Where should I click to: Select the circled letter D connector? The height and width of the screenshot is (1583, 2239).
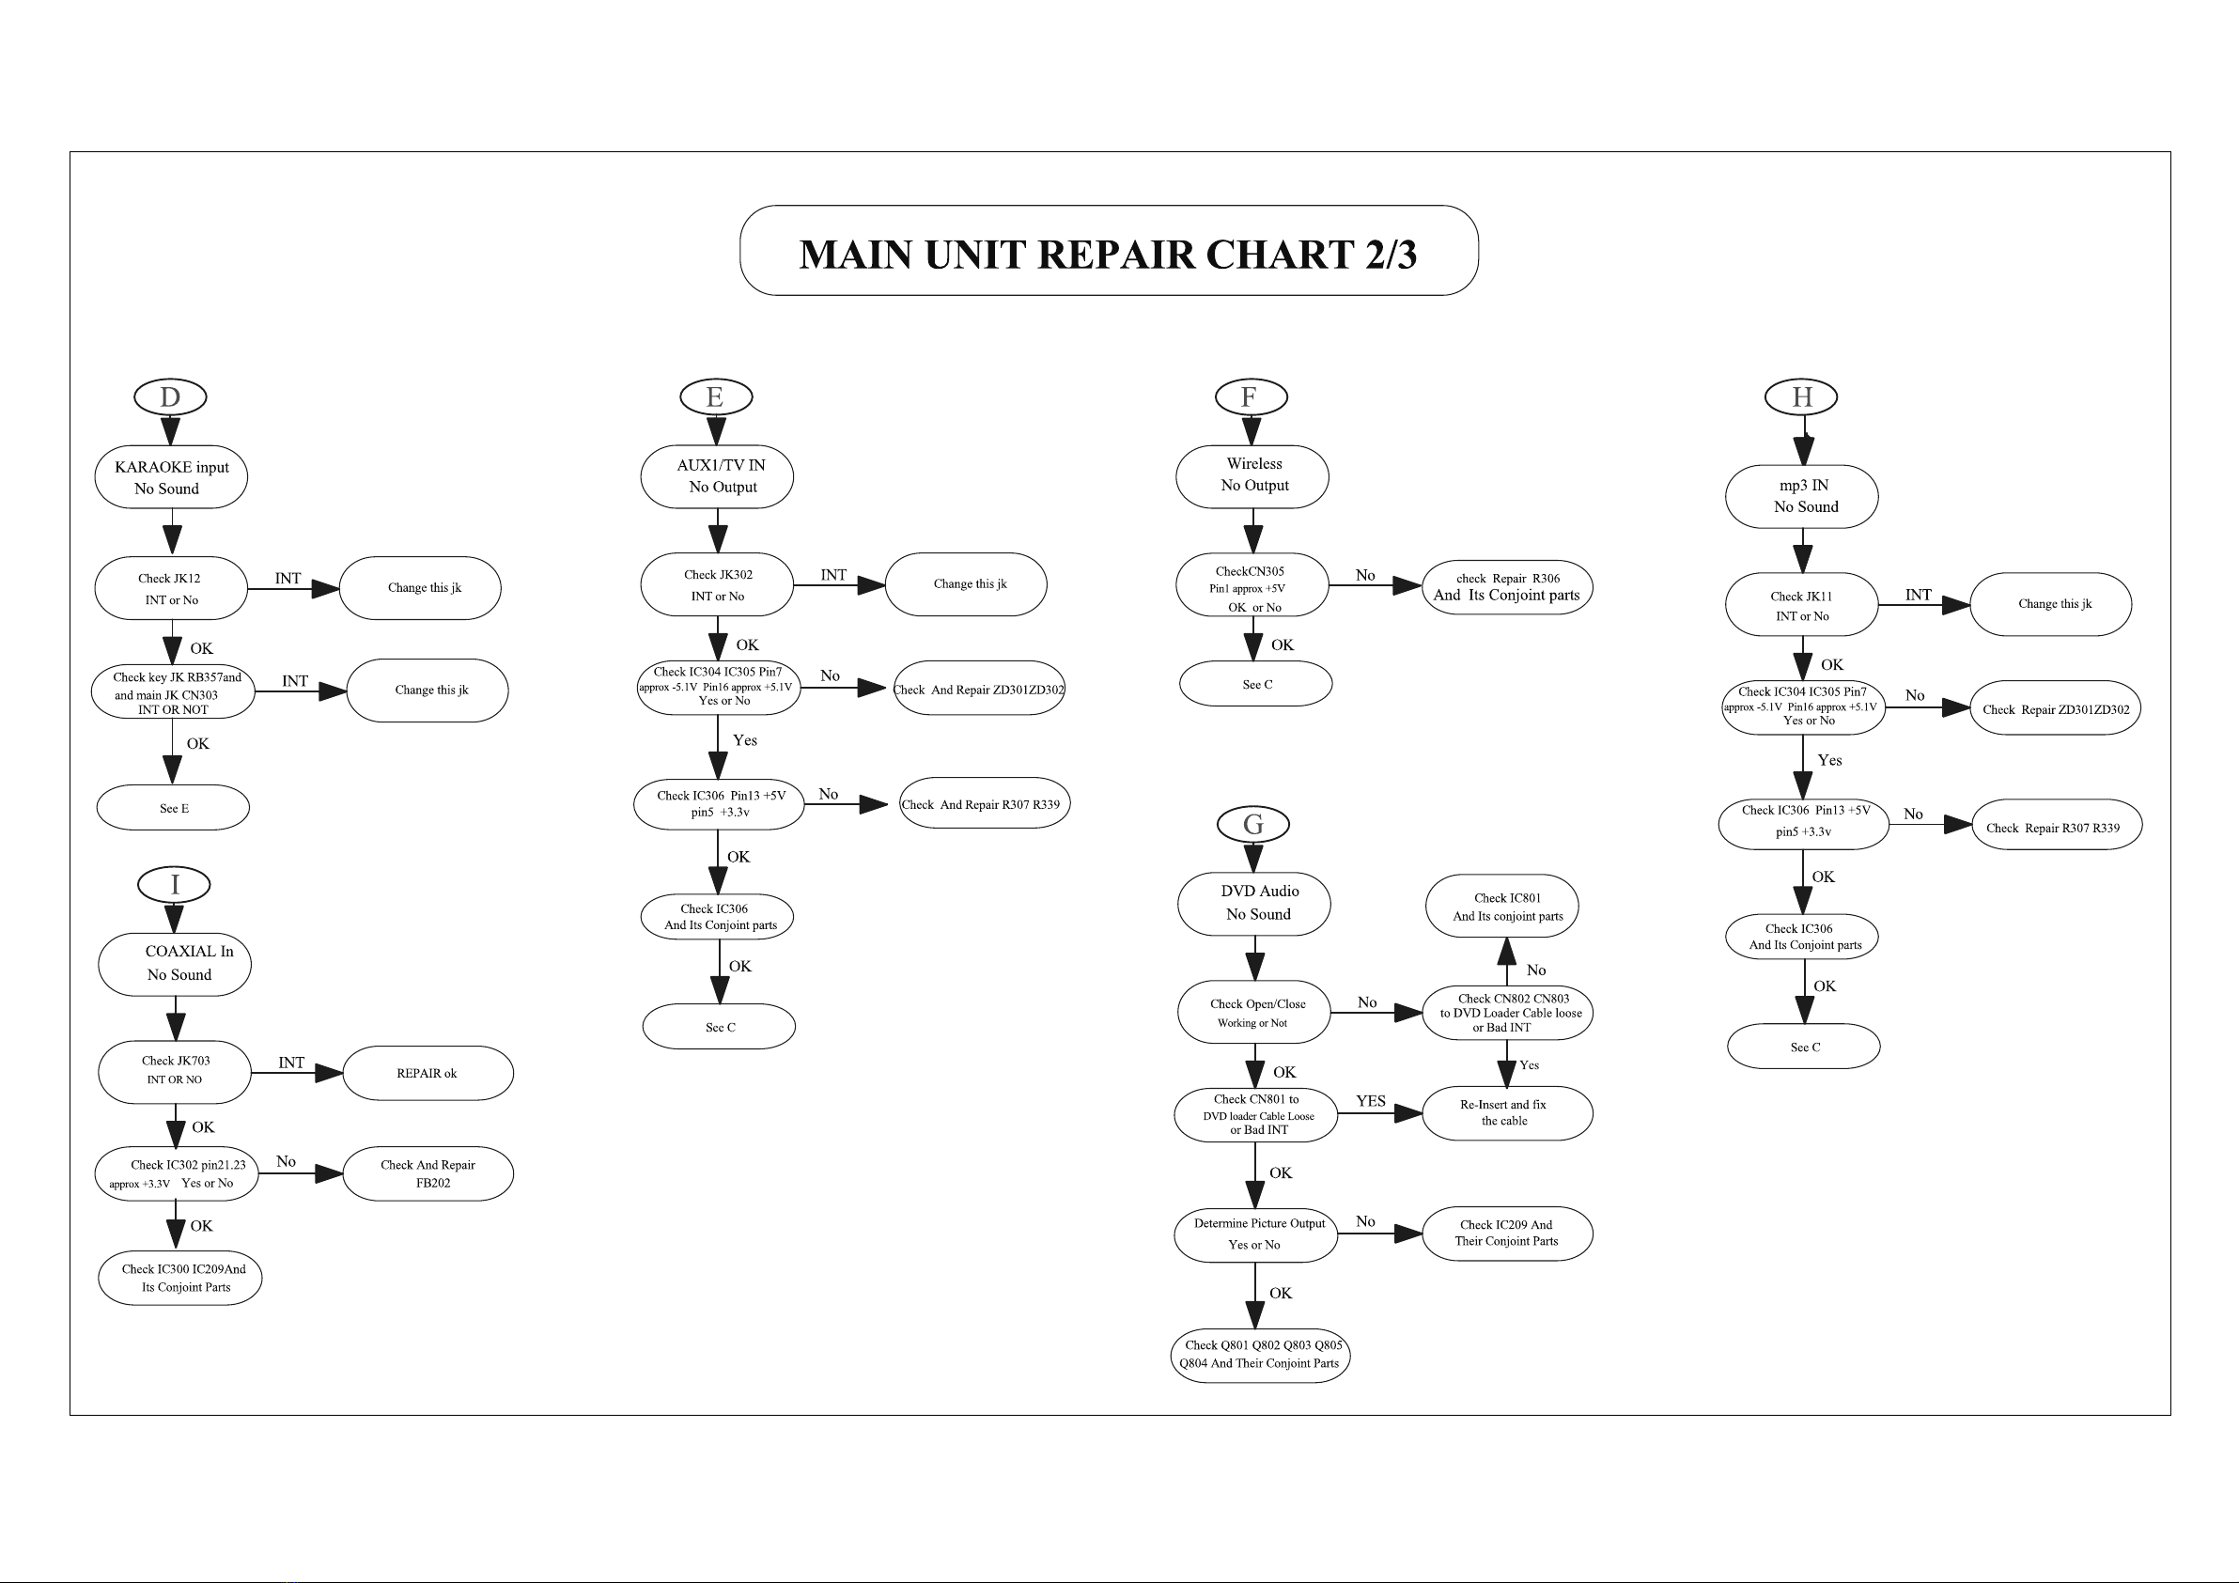(x=171, y=397)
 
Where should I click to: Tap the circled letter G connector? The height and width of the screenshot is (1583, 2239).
(x=1253, y=824)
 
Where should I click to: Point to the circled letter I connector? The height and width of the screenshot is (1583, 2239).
(x=175, y=885)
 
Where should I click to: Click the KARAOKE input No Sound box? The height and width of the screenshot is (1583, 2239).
(x=171, y=477)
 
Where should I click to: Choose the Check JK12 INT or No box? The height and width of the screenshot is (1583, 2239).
(x=171, y=588)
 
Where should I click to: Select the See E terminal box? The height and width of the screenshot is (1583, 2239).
(x=174, y=808)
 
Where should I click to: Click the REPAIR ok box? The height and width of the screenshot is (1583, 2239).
(x=428, y=1073)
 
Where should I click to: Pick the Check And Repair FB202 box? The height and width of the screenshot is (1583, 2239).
(x=428, y=1173)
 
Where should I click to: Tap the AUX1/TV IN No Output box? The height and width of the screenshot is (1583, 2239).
(x=717, y=476)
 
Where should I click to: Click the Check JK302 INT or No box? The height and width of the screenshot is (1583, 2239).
(x=717, y=584)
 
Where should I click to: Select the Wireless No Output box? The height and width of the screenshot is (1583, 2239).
(x=1252, y=476)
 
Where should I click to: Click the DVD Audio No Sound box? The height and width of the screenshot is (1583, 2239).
(x=1254, y=903)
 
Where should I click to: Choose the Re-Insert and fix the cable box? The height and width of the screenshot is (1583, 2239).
(x=1508, y=1113)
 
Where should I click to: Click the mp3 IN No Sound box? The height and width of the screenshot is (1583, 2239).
(x=1802, y=496)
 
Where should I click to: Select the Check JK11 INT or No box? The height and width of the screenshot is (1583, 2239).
(x=1802, y=605)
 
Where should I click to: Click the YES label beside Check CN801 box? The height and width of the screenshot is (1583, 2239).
(x=1370, y=1101)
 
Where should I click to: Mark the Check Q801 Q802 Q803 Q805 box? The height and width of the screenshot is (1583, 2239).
(x=1260, y=1356)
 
